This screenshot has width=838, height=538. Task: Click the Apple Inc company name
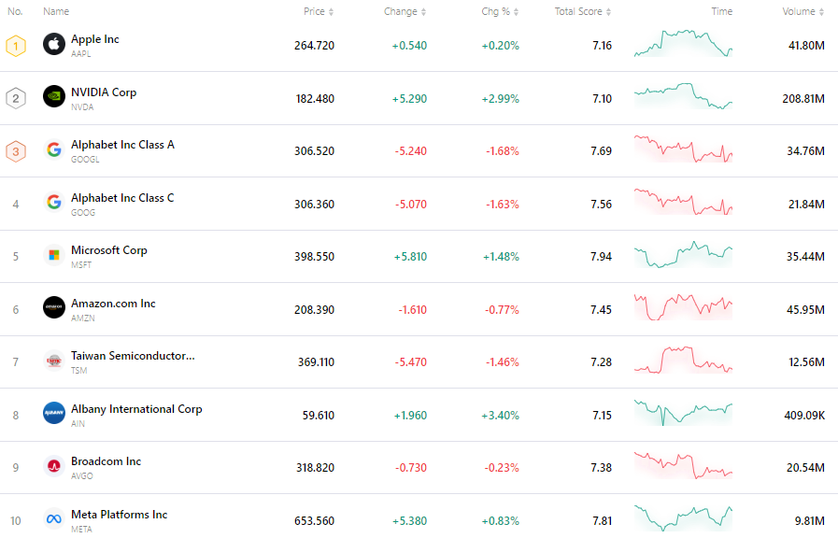coord(95,39)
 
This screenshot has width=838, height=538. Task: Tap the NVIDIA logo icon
coord(53,96)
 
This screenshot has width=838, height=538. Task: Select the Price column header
coord(315,11)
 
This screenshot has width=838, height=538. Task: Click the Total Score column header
coord(579,11)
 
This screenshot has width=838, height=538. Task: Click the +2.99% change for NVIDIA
coord(500,98)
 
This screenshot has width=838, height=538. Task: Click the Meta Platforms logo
coord(53,518)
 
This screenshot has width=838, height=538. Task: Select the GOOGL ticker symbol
coord(85,160)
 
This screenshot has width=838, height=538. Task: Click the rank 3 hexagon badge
coord(16,150)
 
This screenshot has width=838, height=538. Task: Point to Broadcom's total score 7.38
coord(602,467)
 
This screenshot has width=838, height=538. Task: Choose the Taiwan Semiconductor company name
coord(133,356)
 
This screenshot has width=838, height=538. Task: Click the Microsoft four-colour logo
coord(53,255)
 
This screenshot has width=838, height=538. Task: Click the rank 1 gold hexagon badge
coord(16,45)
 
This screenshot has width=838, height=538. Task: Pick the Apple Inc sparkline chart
coord(683,43)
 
